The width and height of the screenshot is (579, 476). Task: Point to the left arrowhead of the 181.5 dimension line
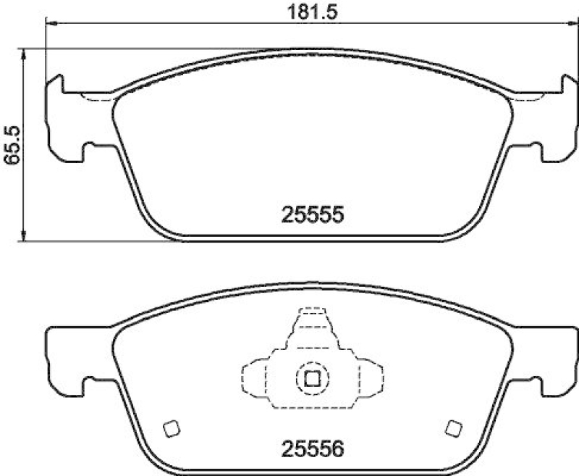tap(51, 24)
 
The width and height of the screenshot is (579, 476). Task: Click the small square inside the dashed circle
tap(312, 377)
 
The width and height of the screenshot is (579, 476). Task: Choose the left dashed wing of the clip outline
tap(253, 377)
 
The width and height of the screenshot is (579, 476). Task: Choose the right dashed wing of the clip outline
tap(371, 377)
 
